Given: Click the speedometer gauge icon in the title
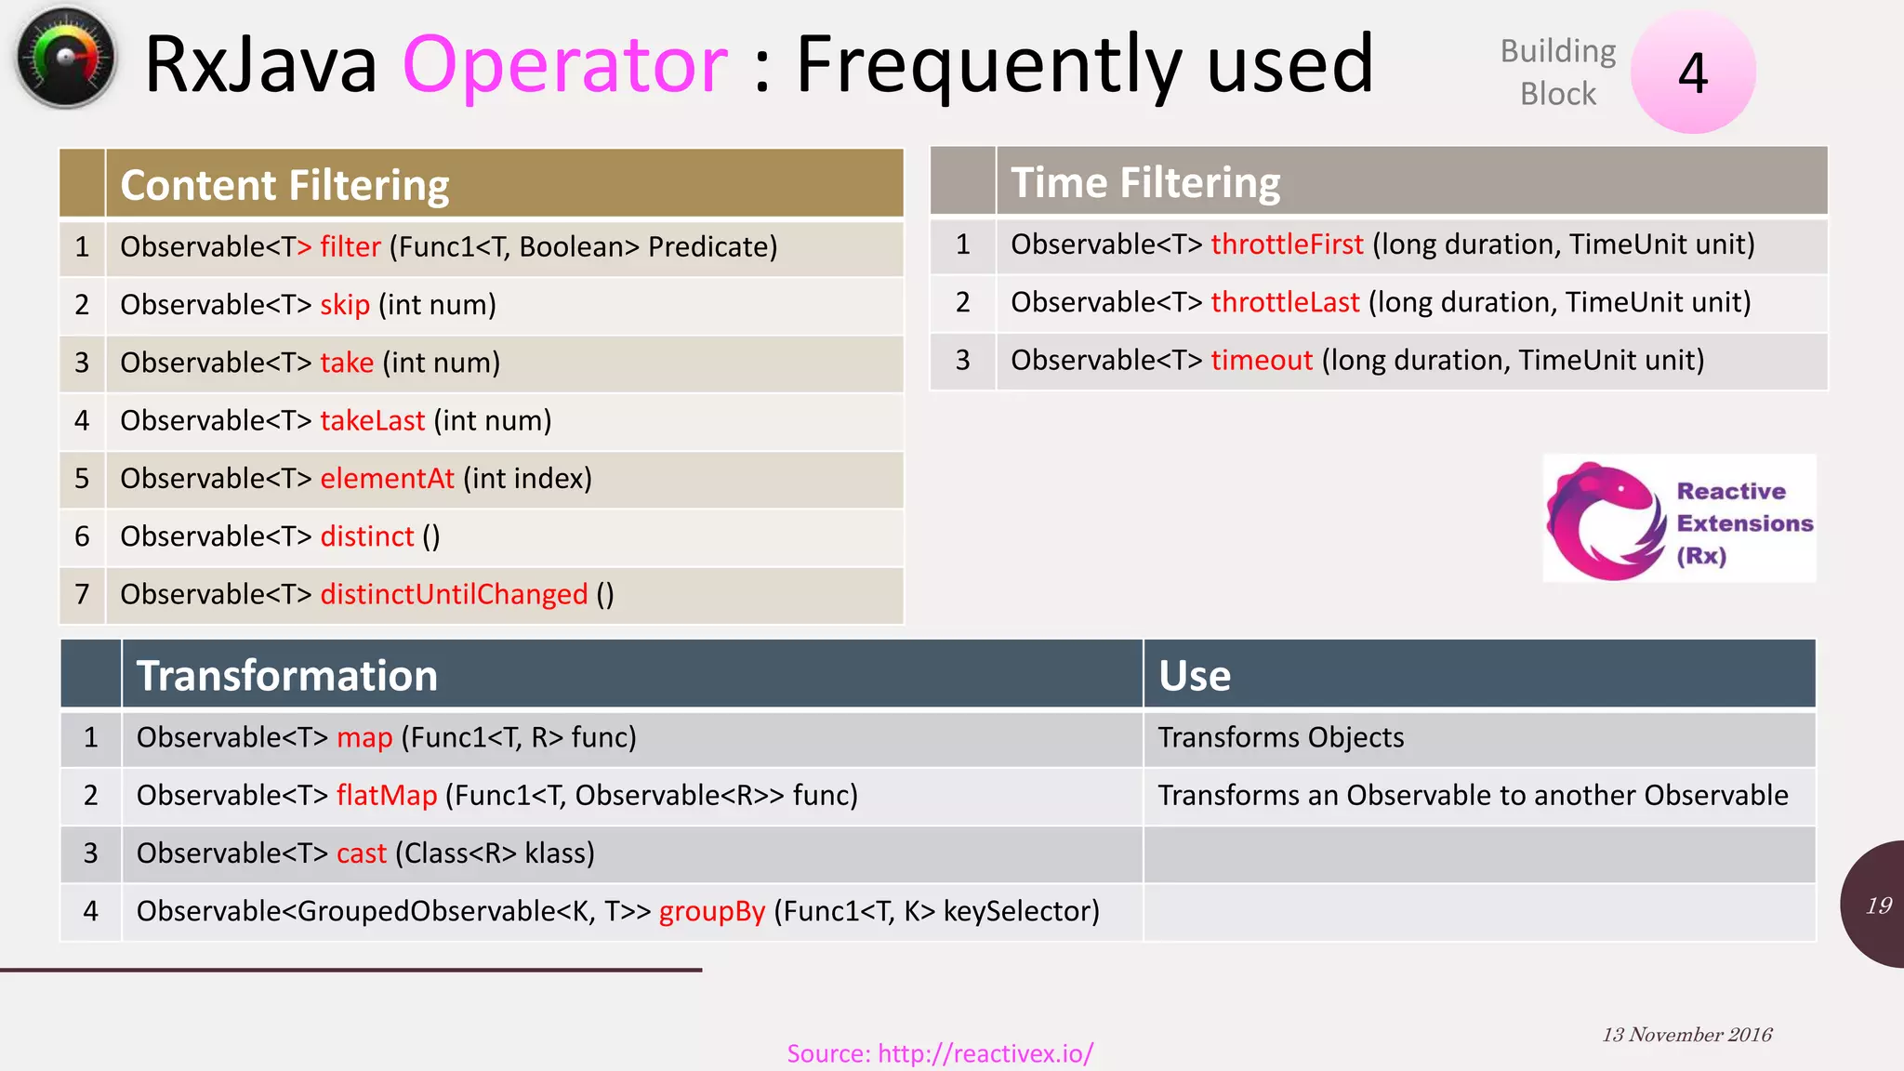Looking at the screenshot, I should click(x=65, y=58).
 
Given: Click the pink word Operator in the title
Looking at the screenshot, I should click(x=565, y=65).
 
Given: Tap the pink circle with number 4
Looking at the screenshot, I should click(x=1693, y=73).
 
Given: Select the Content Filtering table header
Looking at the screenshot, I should click(x=284, y=185).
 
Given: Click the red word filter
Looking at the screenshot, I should click(x=350, y=247).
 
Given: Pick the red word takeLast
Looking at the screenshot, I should click(x=372, y=421).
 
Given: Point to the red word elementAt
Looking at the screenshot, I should click(x=387, y=479).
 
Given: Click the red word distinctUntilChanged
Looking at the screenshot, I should click(x=454, y=595).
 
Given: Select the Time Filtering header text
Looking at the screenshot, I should click(x=1145, y=182).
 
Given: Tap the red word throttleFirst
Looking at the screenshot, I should click(x=1287, y=245).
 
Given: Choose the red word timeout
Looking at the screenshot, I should click(x=1262, y=361).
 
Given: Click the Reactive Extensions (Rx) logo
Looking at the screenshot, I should click(x=1679, y=519).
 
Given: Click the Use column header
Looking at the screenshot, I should click(x=1195, y=676).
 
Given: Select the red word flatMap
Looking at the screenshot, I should click(x=387, y=796).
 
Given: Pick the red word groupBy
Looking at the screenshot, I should click(x=712, y=911).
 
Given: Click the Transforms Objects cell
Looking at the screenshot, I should click(x=1280, y=738).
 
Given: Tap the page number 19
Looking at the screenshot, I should click(x=1878, y=906).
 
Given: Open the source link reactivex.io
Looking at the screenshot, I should click(x=940, y=1053).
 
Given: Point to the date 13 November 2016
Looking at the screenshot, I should click(x=1686, y=1035).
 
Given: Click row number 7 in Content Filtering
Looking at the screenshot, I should click(x=82, y=595).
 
